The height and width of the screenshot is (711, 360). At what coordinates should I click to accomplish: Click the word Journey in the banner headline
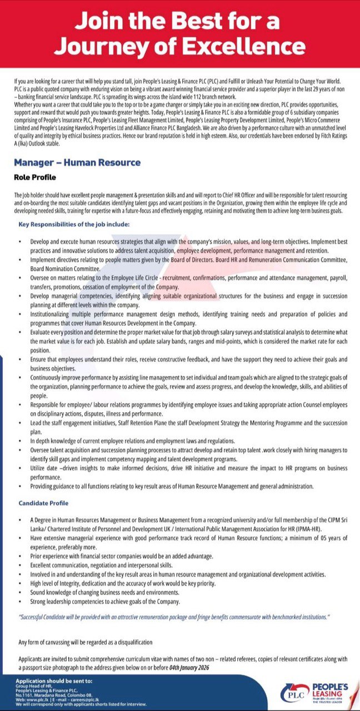pos(107,46)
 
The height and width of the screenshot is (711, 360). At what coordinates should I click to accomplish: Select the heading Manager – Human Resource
pos(77,163)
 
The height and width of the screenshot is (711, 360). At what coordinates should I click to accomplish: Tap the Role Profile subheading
pos(35,177)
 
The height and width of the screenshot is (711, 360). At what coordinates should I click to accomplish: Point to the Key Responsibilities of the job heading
pos(74,224)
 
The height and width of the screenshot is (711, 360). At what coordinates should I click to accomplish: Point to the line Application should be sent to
pos(54,681)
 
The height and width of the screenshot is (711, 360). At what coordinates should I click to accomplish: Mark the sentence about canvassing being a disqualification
pos(86,642)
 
